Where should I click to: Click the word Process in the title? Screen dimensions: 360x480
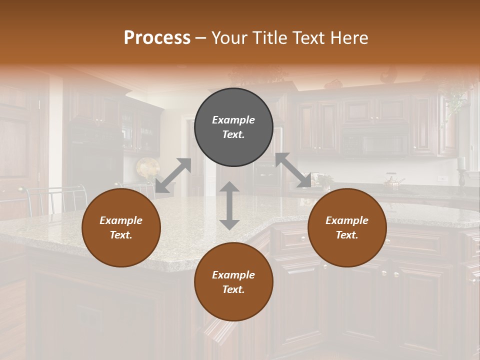157,38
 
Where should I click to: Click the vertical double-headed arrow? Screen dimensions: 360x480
229,205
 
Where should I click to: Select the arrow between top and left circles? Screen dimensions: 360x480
173,175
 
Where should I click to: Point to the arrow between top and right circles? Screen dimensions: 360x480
293,170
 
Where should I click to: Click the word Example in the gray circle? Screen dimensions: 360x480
233,120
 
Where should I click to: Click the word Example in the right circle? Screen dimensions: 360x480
347,220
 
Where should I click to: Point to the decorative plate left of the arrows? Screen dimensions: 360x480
147,168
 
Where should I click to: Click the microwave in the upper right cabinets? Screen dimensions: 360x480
375,142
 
